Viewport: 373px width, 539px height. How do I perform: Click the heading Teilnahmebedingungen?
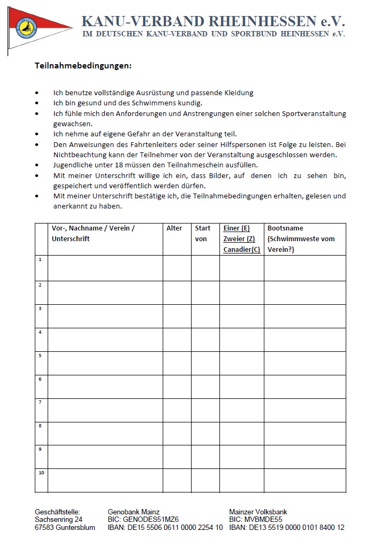(83, 66)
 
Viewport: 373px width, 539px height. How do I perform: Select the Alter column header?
(174, 228)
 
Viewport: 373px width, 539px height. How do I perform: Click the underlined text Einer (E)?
(236, 228)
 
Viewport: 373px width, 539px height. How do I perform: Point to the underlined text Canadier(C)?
(241, 249)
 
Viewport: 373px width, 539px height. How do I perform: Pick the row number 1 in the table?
(40, 259)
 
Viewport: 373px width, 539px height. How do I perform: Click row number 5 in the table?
(40, 356)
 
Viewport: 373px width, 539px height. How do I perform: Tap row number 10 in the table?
(41, 473)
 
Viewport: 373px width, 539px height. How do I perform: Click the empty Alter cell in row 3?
(177, 316)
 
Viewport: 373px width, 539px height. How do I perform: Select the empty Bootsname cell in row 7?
(305, 410)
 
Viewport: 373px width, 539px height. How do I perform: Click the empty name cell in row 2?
(105, 292)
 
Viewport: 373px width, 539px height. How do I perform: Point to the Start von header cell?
(203, 234)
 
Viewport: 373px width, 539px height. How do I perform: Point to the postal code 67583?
(45, 527)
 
